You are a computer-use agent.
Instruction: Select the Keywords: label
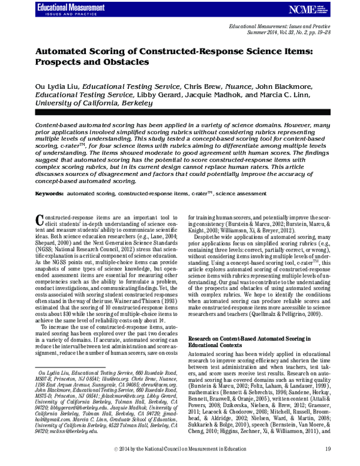[50, 194]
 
